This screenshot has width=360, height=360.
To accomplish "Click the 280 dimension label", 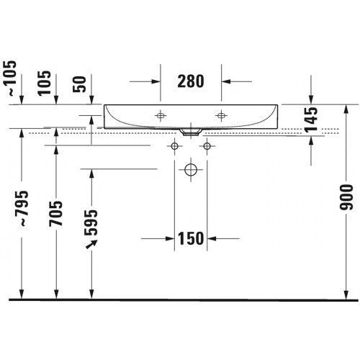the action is click(x=191, y=81).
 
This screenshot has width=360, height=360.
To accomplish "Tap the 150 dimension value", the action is click(x=191, y=238).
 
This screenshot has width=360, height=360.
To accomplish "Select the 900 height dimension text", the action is click(x=346, y=197).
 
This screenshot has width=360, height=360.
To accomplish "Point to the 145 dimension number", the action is click(x=311, y=120).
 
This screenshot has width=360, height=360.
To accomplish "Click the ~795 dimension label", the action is click(x=22, y=208).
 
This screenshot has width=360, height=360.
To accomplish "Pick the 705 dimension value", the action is click(x=55, y=214).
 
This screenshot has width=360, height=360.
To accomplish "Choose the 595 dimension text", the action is click(x=91, y=222).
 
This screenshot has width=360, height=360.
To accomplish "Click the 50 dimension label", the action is click(x=79, y=84).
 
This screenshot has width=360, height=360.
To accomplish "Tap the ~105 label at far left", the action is click(x=9, y=78).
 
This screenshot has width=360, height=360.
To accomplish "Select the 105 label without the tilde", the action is click(x=45, y=84).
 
